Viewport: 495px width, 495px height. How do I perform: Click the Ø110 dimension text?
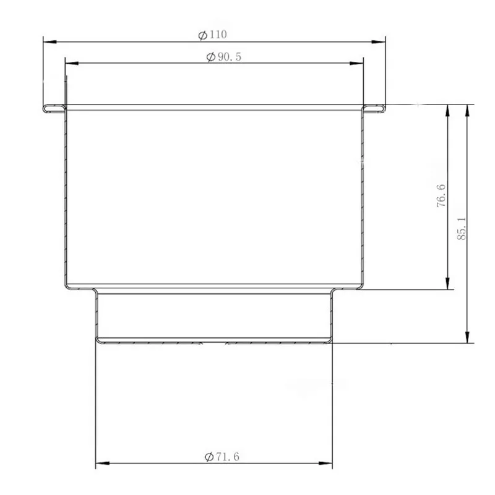point(212,35)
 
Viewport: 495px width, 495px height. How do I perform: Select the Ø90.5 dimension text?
point(224,57)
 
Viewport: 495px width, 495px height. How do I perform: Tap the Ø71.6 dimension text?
point(222,457)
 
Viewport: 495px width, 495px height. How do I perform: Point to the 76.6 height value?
point(441,196)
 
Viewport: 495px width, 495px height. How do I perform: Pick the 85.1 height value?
point(462,228)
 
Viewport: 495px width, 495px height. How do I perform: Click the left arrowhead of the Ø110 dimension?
point(50,41)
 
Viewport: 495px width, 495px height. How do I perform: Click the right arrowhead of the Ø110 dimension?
point(379,41)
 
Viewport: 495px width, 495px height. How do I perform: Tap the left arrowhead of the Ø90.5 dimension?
point(72,63)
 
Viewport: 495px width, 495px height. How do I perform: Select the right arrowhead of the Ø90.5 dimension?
point(356,63)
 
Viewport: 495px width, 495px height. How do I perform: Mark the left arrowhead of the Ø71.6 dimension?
point(102,463)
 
